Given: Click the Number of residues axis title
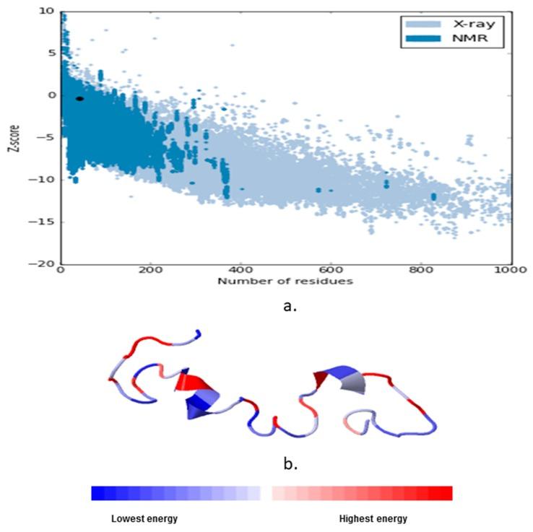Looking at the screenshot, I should coord(286,281).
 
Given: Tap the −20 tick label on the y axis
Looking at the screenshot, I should coord(45,264).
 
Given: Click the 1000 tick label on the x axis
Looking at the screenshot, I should coord(511,272).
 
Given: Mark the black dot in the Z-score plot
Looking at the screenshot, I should coord(79,98).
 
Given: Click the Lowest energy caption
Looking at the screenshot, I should coord(144,519).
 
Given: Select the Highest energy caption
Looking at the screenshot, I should coord(373,519).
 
